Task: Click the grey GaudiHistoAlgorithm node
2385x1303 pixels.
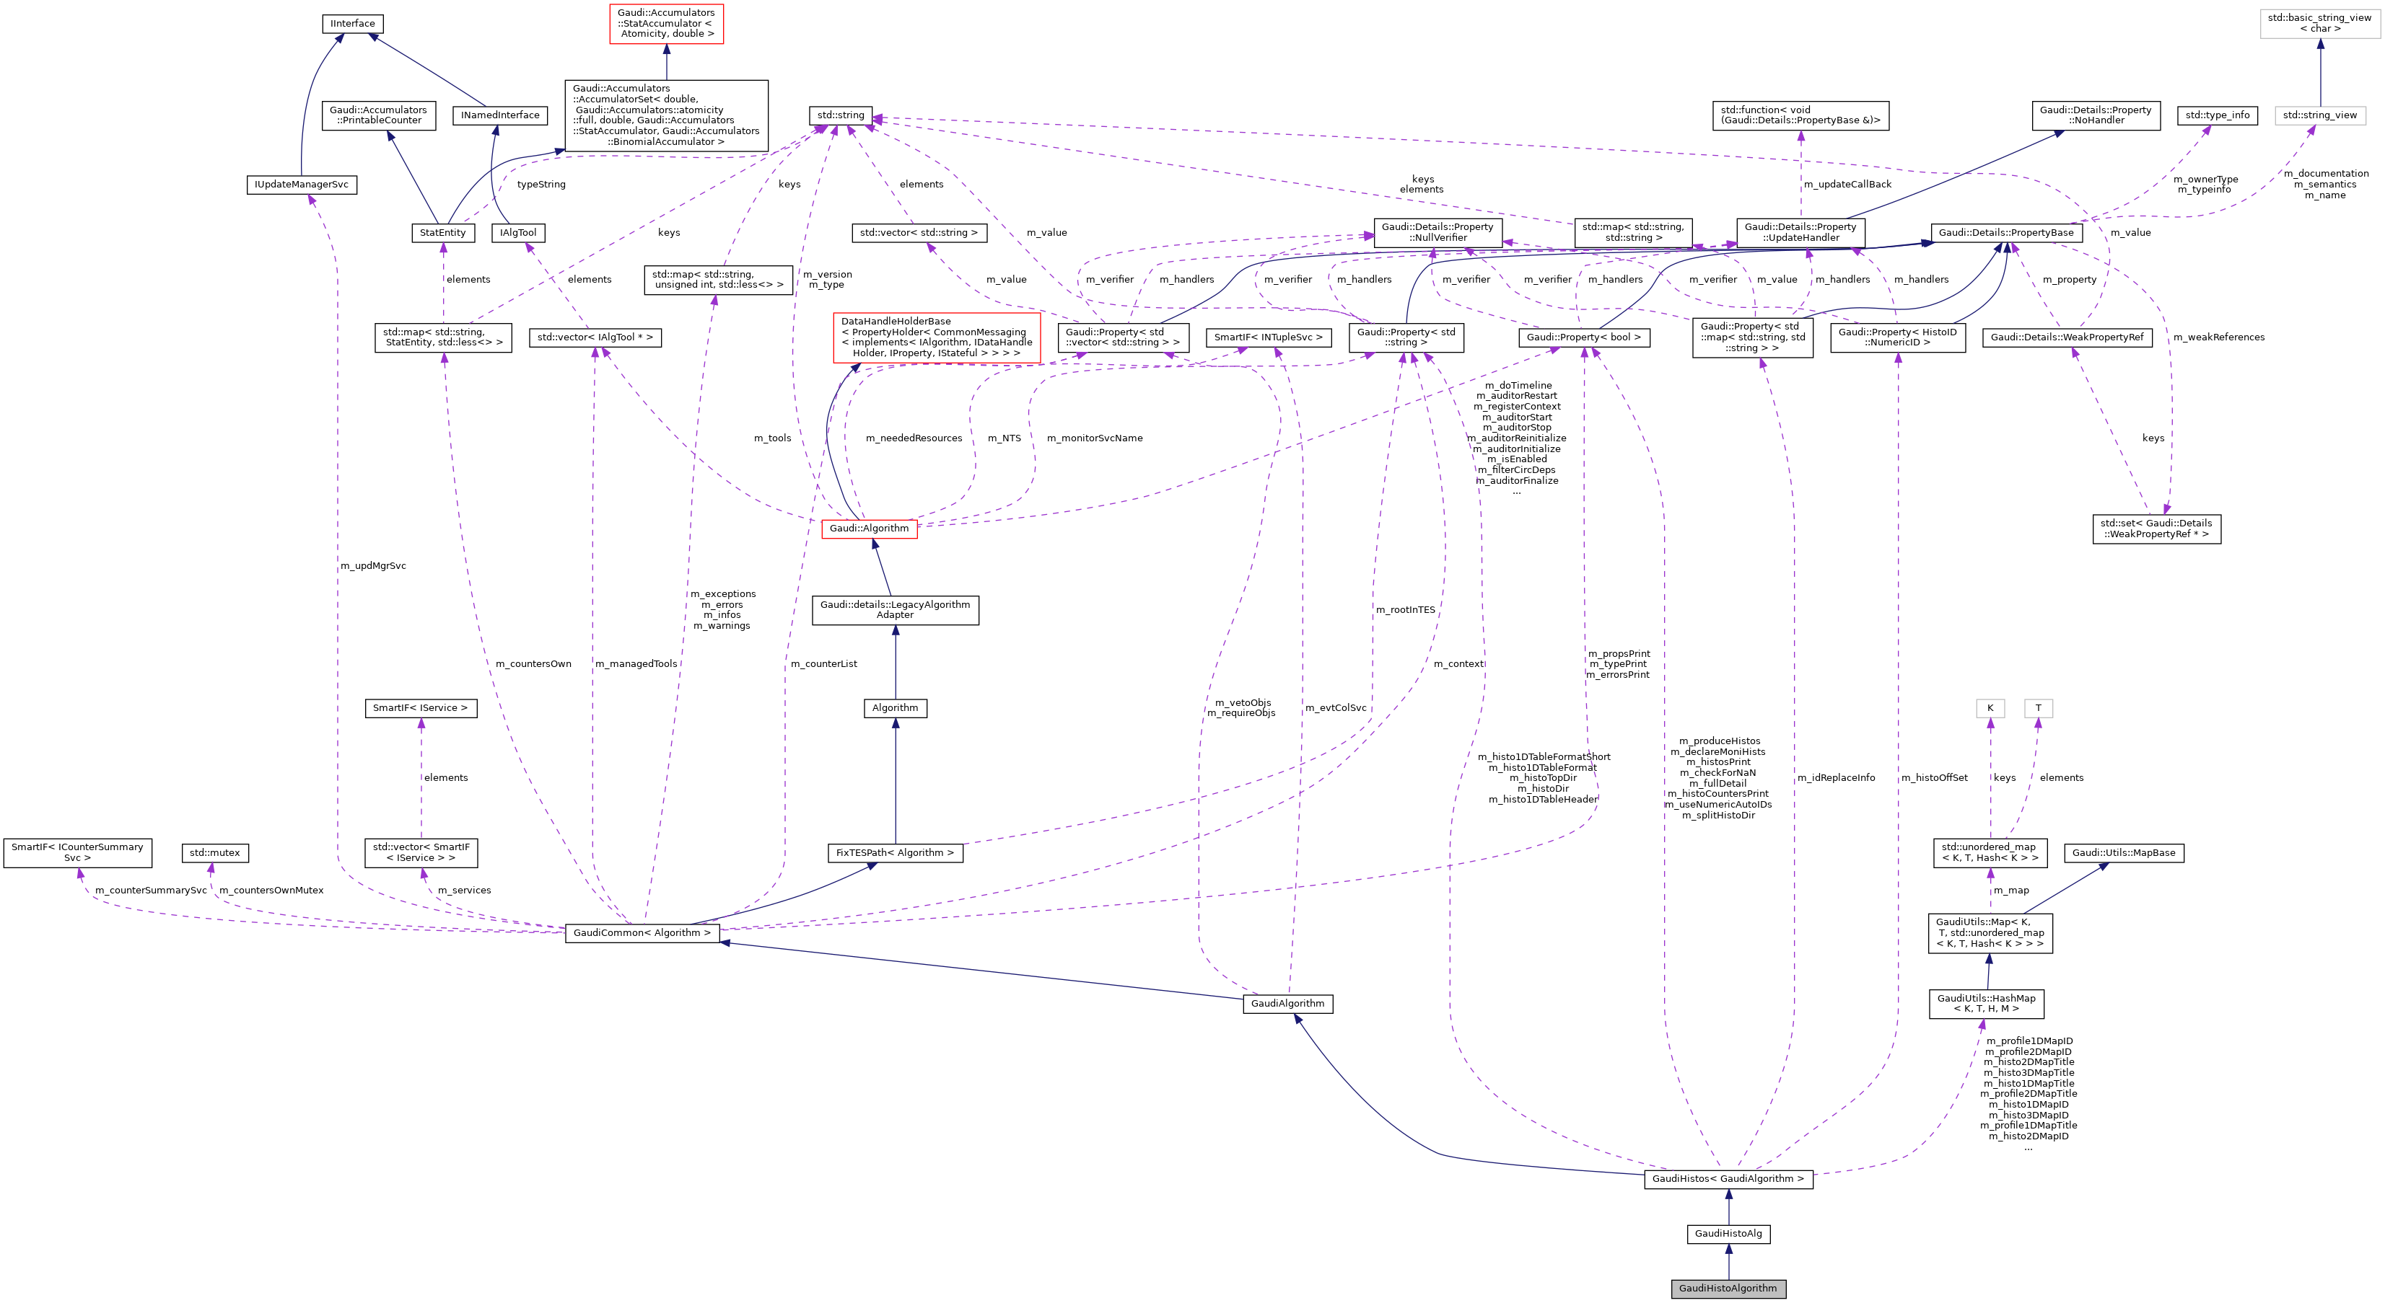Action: pyautogui.click(x=1728, y=1288)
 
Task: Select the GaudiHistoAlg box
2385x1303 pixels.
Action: pyautogui.click(x=1728, y=1234)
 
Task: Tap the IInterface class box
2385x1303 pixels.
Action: pyautogui.click(x=353, y=23)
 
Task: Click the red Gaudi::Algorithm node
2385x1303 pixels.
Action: pyautogui.click(x=868, y=529)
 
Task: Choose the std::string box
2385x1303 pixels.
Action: pyautogui.click(x=840, y=115)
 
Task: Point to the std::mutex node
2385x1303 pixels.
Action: pyautogui.click(x=214, y=852)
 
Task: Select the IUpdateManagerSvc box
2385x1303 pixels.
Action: pyautogui.click(x=301, y=184)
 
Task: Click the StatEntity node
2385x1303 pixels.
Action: pyautogui.click(x=442, y=232)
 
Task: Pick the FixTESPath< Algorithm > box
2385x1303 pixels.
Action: pyautogui.click(x=894, y=852)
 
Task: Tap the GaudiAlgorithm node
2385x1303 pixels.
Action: pyautogui.click(x=1287, y=1003)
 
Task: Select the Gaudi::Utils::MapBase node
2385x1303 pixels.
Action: pyautogui.click(x=2123, y=852)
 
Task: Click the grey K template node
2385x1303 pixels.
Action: pyautogui.click(x=1990, y=708)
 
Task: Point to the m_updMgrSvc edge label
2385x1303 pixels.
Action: pyautogui.click(x=373, y=565)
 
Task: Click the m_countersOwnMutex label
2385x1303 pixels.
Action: pyautogui.click(x=271, y=891)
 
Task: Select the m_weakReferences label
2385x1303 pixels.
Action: pyautogui.click(x=2218, y=337)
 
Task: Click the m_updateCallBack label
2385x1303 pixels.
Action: pyautogui.click(x=1847, y=184)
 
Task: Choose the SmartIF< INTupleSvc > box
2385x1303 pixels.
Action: pyautogui.click(x=1267, y=337)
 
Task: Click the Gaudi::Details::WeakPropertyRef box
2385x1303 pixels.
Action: pyautogui.click(x=2067, y=337)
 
